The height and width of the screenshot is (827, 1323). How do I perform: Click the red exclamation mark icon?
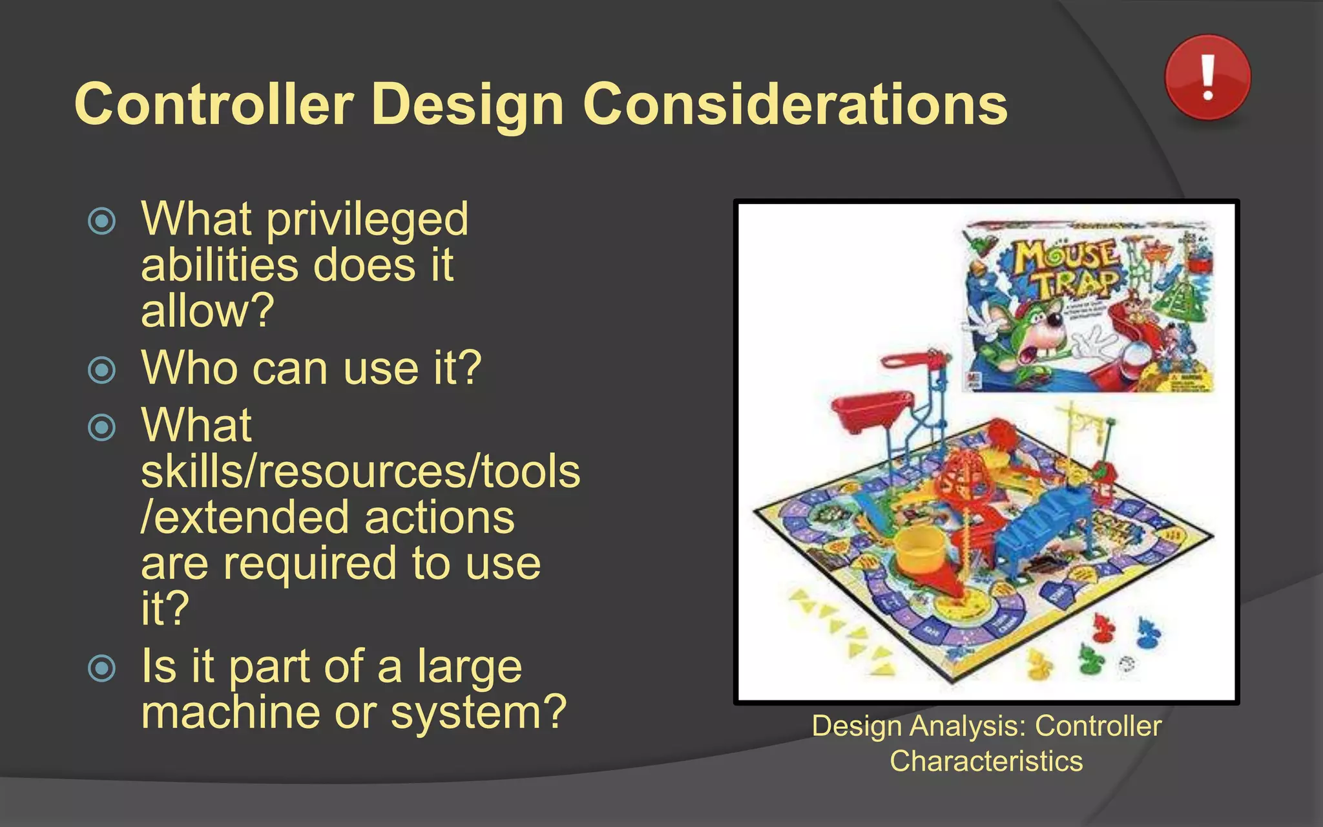(x=1207, y=78)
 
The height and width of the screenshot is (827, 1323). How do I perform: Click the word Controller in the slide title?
(x=214, y=105)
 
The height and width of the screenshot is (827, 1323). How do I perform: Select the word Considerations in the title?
(x=795, y=105)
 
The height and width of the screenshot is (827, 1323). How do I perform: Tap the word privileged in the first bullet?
(x=367, y=220)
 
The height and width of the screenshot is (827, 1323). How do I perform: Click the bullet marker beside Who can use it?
(x=101, y=370)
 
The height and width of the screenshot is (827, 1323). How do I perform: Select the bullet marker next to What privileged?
(x=101, y=221)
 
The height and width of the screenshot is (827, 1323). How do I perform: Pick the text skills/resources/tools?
(x=360, y=472)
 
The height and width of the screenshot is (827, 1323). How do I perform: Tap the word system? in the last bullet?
(x=479, y=712)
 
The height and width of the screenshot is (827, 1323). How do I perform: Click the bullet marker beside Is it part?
(x=101, y=668)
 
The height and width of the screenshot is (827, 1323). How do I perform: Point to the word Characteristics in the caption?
(x=986, y=761)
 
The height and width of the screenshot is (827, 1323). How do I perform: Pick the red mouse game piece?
(x=1102, y=627)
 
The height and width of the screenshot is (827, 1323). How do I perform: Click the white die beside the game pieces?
(x=1127, y=665)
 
